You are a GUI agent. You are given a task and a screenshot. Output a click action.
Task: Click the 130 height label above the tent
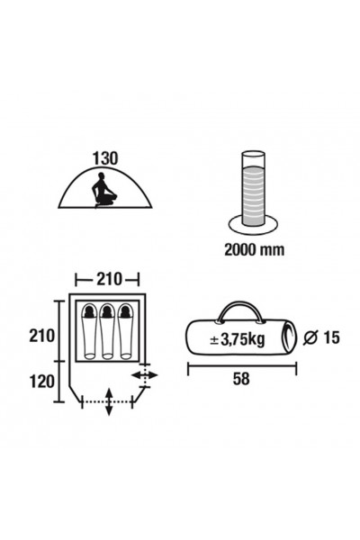(105, 158)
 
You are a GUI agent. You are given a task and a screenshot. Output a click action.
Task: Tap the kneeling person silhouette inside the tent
(103, 190)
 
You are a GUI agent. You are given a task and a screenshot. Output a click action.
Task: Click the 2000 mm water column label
(254, 249)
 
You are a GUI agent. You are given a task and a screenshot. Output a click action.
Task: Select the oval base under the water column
(253, 225)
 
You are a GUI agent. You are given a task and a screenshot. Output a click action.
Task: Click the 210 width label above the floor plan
(109, 279)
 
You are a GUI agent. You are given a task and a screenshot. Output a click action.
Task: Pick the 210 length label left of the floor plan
(41, 336)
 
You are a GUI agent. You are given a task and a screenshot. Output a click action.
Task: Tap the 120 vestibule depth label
(41, 382)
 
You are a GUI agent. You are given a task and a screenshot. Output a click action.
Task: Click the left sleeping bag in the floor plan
(90, 331)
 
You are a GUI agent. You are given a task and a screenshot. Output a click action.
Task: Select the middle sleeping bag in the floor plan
(107, 331)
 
